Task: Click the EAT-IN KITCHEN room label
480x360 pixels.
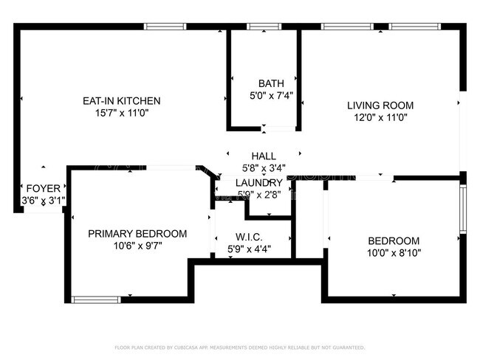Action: [122, 101]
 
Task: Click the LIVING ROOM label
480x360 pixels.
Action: [380, 105]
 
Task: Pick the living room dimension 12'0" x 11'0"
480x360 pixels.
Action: [380, 117]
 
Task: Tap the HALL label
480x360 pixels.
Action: [264, 156]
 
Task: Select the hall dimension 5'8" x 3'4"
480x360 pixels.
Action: [264, 168]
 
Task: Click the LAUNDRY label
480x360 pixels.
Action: [258, 183]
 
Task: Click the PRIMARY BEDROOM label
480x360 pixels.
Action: [137, 233]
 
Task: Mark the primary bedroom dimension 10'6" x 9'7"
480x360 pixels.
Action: [137, 245]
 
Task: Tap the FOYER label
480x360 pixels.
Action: [43, 188]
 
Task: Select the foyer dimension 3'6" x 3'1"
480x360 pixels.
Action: [43, 200]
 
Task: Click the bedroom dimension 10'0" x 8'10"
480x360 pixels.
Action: [394, 252]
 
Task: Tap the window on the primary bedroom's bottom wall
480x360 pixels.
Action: [96, 300]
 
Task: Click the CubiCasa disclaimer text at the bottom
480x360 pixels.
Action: [239, 347]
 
